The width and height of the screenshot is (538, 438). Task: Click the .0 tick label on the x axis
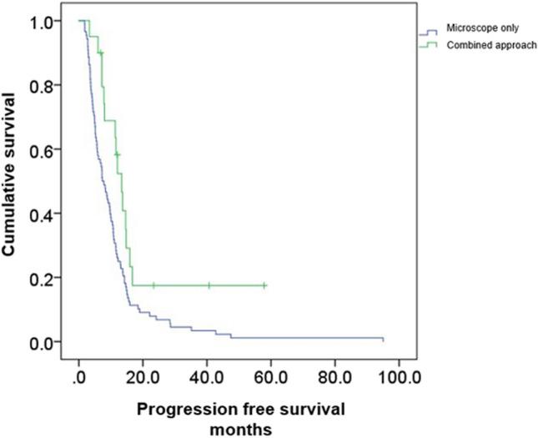[79, 375]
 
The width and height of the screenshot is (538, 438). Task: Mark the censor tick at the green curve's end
[265, 285]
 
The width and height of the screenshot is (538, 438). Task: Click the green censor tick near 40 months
[209, 285]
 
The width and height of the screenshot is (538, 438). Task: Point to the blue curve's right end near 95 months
[382, 339]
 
